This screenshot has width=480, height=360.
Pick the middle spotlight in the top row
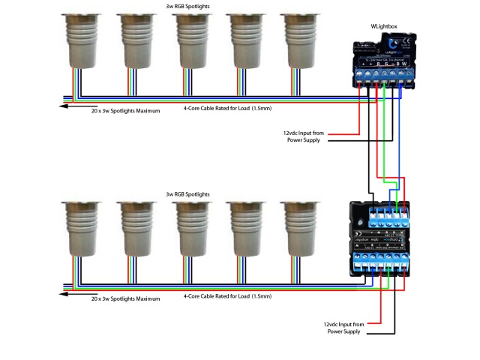[x=190, y=41]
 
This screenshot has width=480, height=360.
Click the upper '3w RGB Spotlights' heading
[x=187, y=6]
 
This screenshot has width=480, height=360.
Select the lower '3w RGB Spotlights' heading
[x=187, y=193]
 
